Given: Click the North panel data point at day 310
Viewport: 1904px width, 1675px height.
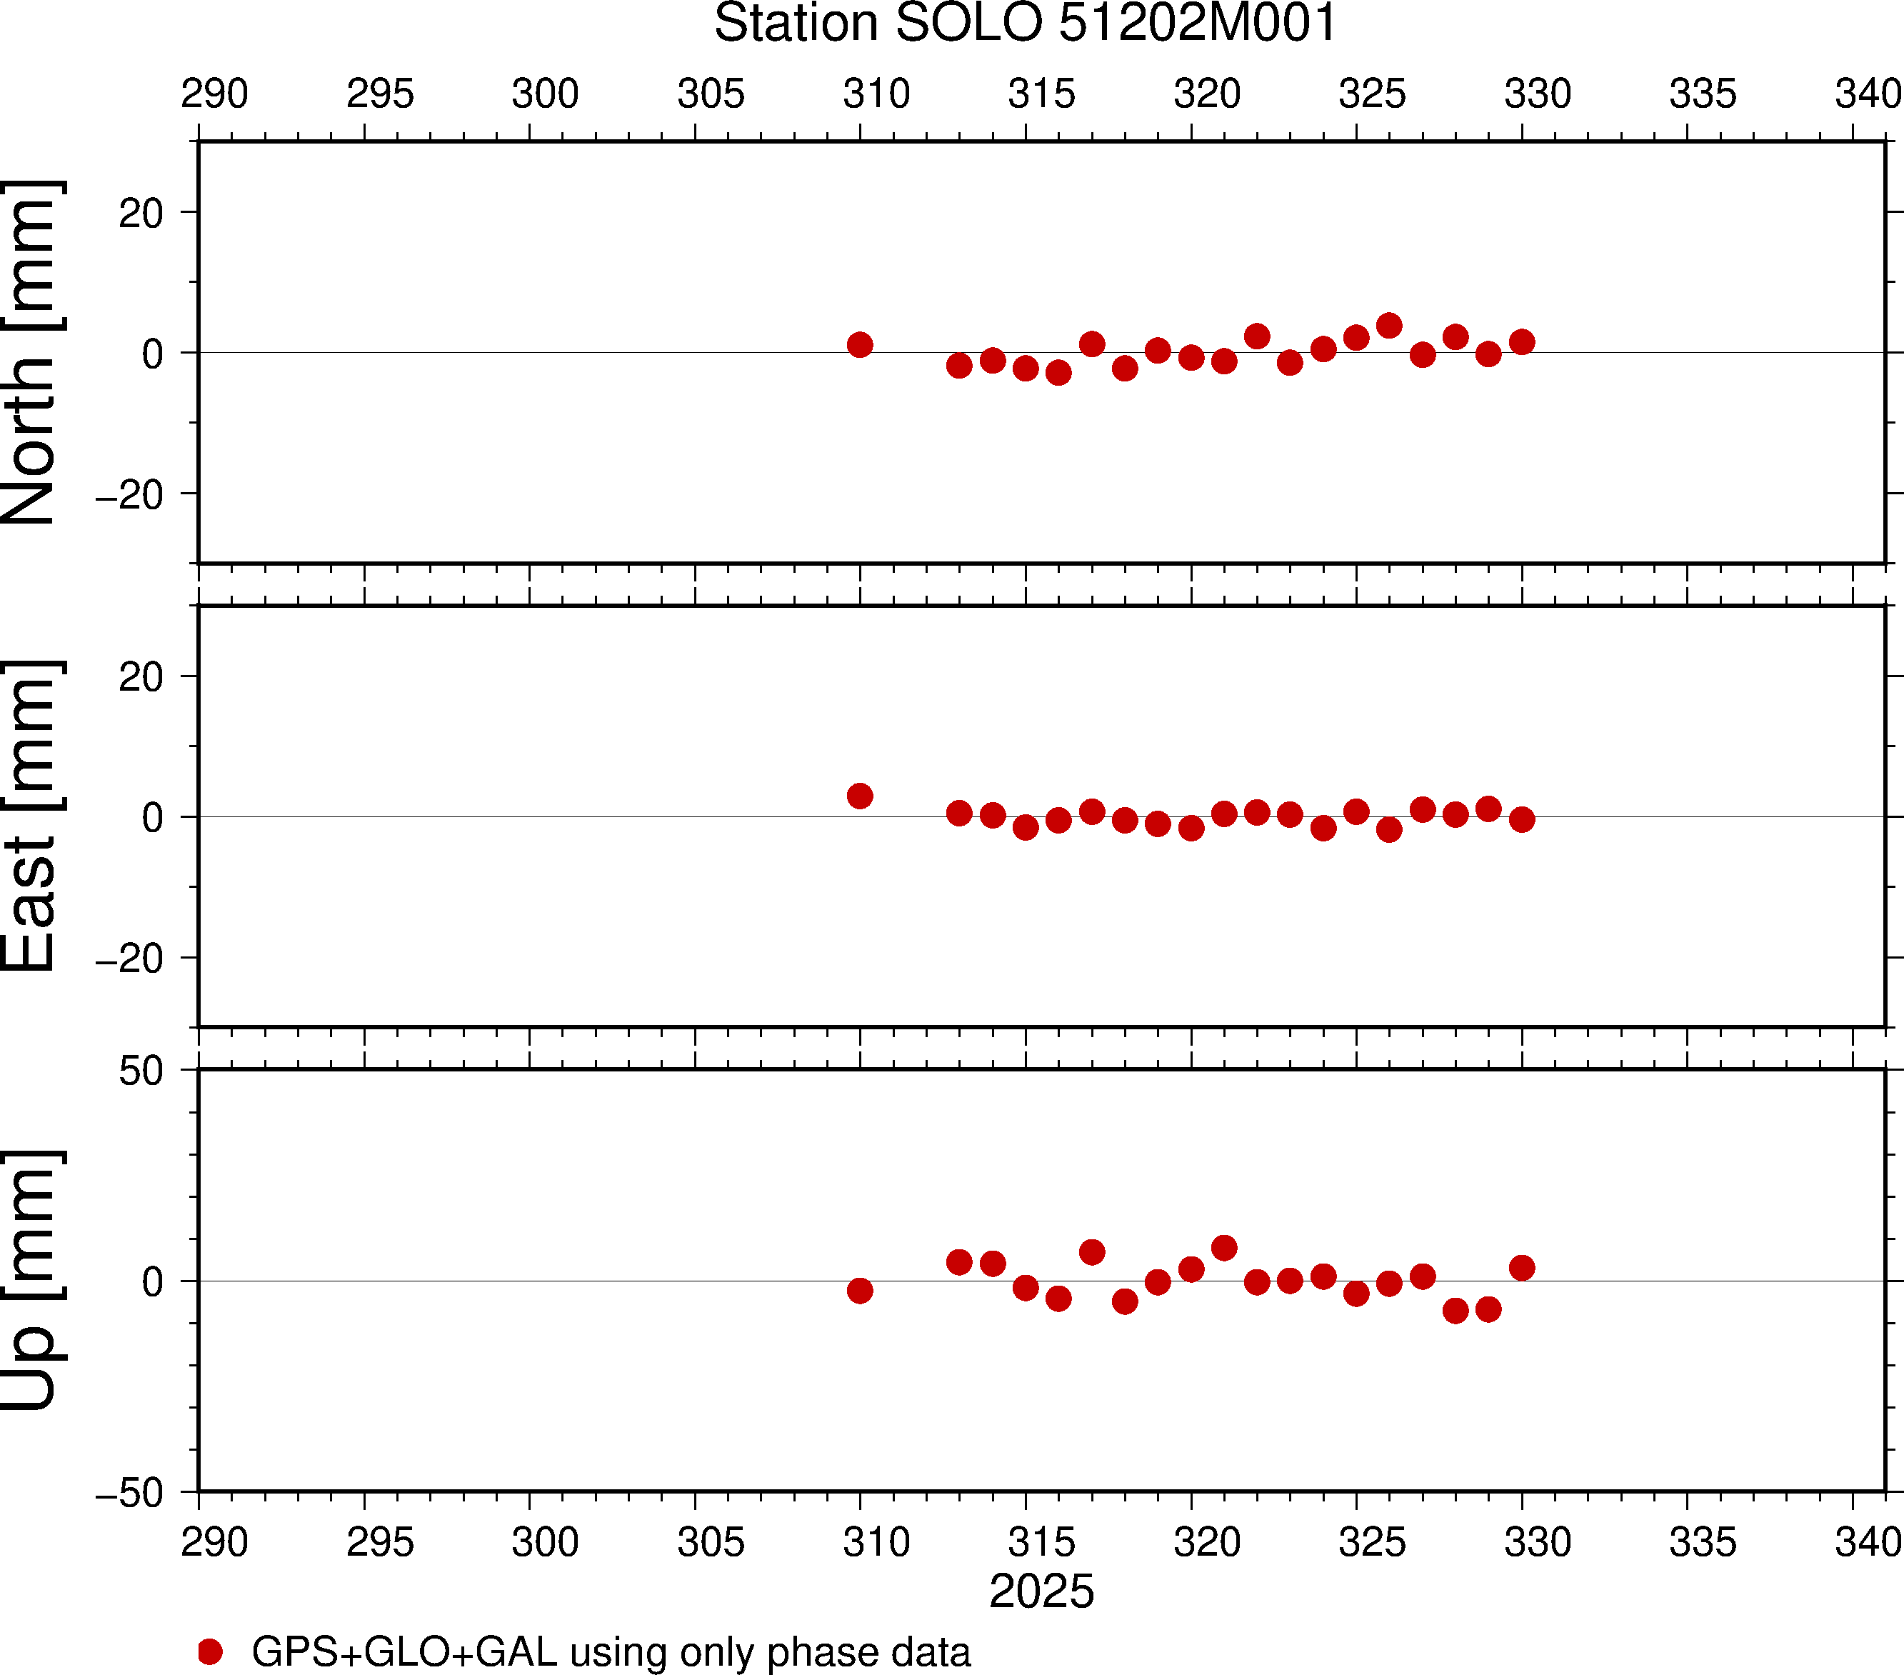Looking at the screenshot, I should point(860,345).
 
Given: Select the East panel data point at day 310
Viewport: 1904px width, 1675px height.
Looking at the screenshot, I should point(860,796).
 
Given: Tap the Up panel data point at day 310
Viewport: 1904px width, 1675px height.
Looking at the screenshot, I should point(860,1290).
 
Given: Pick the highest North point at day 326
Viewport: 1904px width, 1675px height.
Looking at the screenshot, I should point(1389,325).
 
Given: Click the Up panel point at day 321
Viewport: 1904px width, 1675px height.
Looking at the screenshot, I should point(1224,1247).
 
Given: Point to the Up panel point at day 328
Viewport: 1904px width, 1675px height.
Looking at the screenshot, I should point(1455,1311).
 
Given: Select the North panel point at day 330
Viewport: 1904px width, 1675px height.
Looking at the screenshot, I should point(1522,342).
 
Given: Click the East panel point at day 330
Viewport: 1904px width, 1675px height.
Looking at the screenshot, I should point(1522,820).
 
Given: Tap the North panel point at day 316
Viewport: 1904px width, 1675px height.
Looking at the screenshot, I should point(1058,373).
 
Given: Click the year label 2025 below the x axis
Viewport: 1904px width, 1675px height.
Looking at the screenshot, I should point(1041,1591).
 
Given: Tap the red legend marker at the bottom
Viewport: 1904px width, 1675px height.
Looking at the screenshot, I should point(211,1651).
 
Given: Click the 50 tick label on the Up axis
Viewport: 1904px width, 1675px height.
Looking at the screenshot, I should point(141,1071).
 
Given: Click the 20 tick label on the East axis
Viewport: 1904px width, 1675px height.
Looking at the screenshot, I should point(141,677).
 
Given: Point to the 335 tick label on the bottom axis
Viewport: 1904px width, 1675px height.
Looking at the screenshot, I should point(1703,1543).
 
